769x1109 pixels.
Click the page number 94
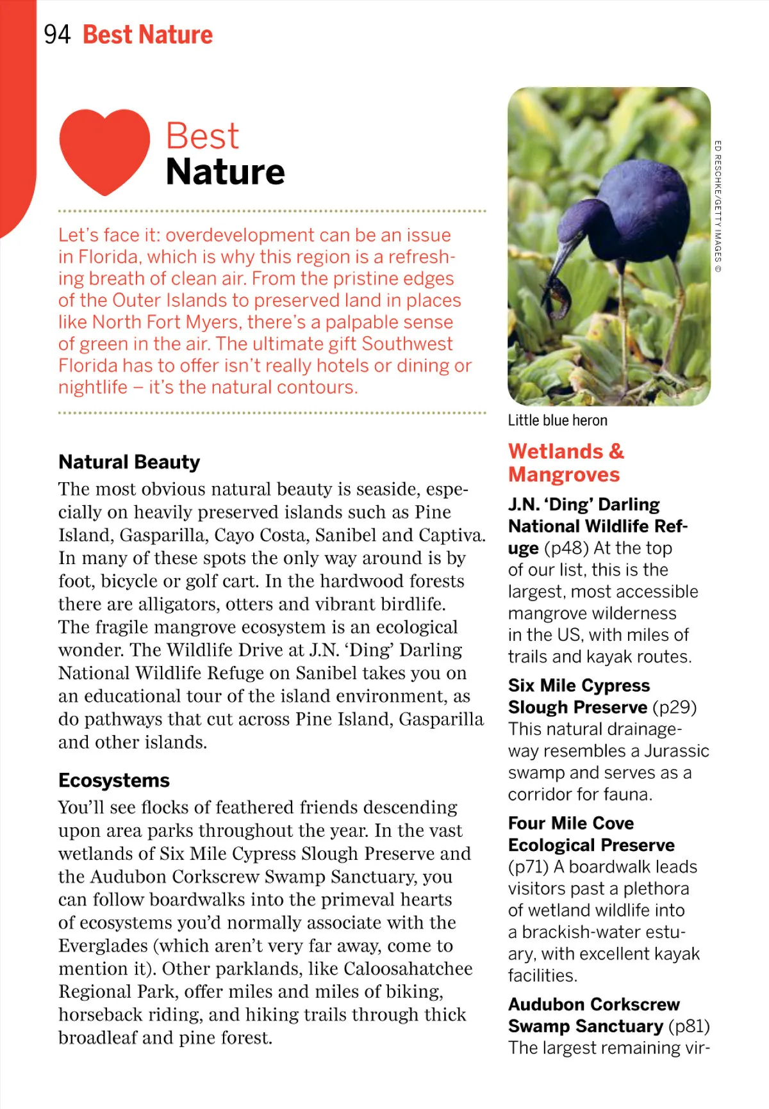(x=57, y=35)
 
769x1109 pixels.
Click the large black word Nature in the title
(x=225, y=172)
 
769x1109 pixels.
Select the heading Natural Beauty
(x=129, y=462)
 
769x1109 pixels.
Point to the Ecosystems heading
(x=114, y=780)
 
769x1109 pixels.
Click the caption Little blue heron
(x=558, y=421)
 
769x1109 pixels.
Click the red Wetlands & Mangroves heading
(x=565, y=462)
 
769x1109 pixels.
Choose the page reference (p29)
(x=674, y=707)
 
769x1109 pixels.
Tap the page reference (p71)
(x=528, y=866)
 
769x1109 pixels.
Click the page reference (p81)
(x=689, y=1026)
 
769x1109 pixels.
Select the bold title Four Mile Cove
(x=571, y=823)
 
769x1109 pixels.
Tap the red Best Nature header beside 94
(x=147, y=35)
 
